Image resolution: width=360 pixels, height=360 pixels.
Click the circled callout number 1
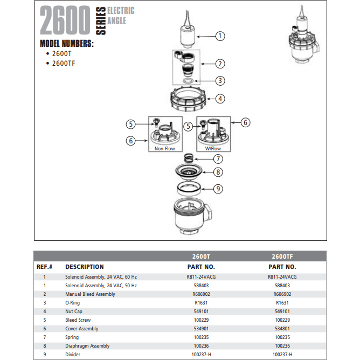click(220, 36)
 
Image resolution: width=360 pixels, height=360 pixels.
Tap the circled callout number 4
click(220, 99)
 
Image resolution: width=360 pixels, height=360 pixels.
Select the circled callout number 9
click(218, 189)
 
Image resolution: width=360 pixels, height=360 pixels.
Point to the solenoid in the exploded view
click(188, 29)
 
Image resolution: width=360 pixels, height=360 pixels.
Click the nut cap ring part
click(188, 99)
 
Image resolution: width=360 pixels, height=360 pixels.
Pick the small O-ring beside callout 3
click(188, 81)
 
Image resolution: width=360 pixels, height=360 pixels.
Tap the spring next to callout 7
click(189, 158)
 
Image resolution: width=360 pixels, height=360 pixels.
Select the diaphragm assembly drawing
click(189, 172)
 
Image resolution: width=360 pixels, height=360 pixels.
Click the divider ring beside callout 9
click(189, 189)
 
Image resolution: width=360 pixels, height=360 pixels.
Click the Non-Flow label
click(164, 149)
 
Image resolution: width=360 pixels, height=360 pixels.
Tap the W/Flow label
click(213, 149)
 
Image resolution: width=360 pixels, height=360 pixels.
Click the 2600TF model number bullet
click(60, 64)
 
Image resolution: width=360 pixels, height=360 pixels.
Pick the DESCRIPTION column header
click(85, 267)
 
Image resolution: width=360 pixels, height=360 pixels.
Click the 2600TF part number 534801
click(282, 329)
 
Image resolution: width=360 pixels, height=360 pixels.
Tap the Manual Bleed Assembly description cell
click(90, 294)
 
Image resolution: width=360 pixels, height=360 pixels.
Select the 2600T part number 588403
click(201, 286)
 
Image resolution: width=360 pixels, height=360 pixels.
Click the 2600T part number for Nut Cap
click(201, 311)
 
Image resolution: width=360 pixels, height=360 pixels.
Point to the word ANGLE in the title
click(116, 21)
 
